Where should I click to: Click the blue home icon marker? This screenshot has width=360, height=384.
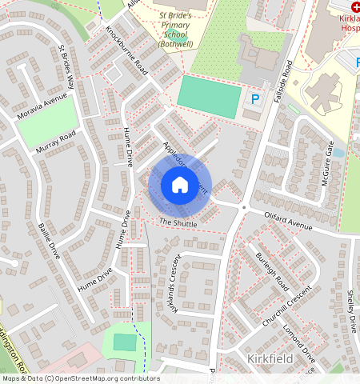point(180,185)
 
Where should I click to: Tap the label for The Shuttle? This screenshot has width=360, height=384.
point(178,222)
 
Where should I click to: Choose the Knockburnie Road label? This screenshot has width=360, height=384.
point(127,50)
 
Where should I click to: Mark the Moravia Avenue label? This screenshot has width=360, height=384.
point(42,108)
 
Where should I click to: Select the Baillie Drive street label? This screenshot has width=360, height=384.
point(49,241)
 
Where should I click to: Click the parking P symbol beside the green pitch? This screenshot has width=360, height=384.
point(255,99)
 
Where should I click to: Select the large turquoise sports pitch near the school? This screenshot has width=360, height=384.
point(208,95)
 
